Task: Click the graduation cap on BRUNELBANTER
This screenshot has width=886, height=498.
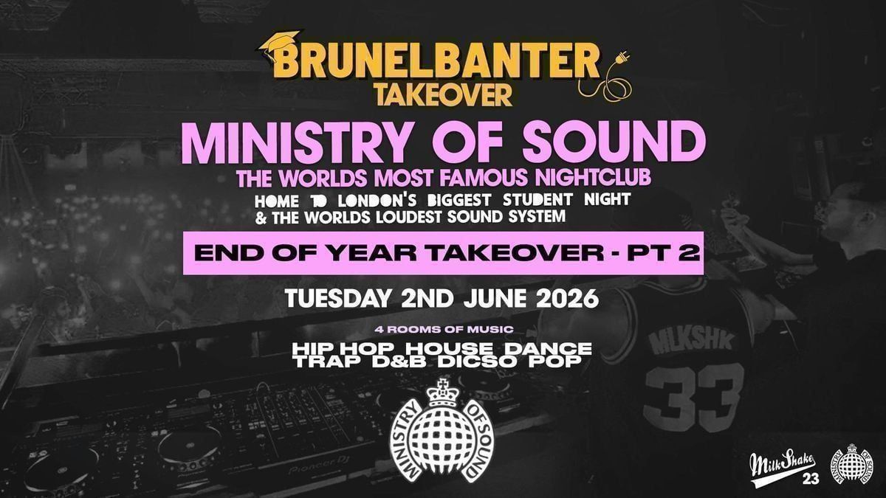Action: click(x=279, y=44)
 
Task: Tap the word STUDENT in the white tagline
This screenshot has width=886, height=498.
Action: click(x=538, y=200)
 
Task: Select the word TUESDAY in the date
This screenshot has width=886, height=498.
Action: click(x=338, y=299)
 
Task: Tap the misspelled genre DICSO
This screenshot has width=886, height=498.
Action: click(x=478, y=362)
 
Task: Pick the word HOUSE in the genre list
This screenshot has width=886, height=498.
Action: click(x=450, y=348)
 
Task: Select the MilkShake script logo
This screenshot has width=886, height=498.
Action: click(x=783, y=466)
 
